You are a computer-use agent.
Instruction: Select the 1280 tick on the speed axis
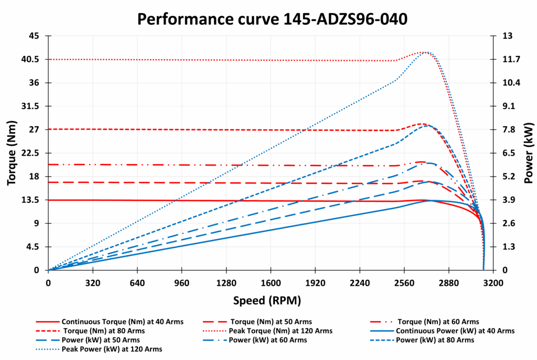coord(226,283)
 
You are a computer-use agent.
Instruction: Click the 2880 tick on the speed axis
coord(448,283)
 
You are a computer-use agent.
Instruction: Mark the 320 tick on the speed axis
coord(93,283)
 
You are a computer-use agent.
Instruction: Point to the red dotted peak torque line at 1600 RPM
coord(271,60)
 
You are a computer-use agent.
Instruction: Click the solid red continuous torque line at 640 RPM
coord(137,200)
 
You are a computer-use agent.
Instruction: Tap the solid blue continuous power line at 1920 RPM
coord(315,222)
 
